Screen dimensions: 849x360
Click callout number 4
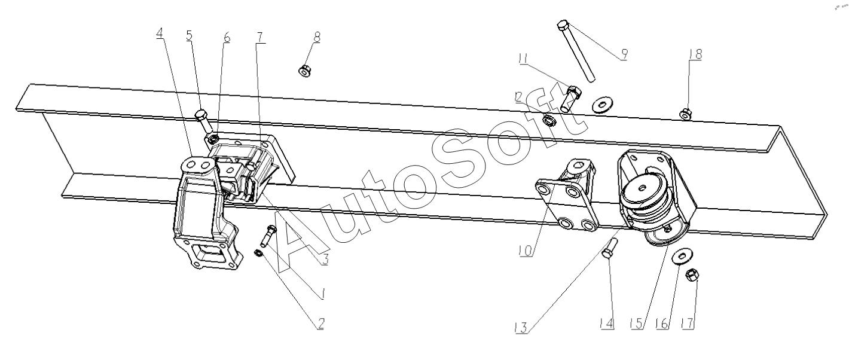coord(160,33)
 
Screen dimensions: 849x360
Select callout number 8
coord(317,37)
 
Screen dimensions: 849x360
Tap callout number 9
coord(624,54)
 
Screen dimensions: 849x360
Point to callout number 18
coord(695,54)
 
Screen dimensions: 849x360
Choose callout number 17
coord(687,324)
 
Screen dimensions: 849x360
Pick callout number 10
coord(526,251)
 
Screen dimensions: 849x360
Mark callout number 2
coord(320,324)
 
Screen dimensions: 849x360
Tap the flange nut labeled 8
coord(304,71)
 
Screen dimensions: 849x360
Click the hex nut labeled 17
coord(692,274)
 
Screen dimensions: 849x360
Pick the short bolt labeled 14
coord(609,248)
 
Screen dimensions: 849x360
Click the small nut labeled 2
coord(258,253)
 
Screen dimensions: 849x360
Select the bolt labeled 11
coord(571,97)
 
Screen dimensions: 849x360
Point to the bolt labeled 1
coord(268,236)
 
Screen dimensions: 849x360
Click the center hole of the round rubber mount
coord(642,188)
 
